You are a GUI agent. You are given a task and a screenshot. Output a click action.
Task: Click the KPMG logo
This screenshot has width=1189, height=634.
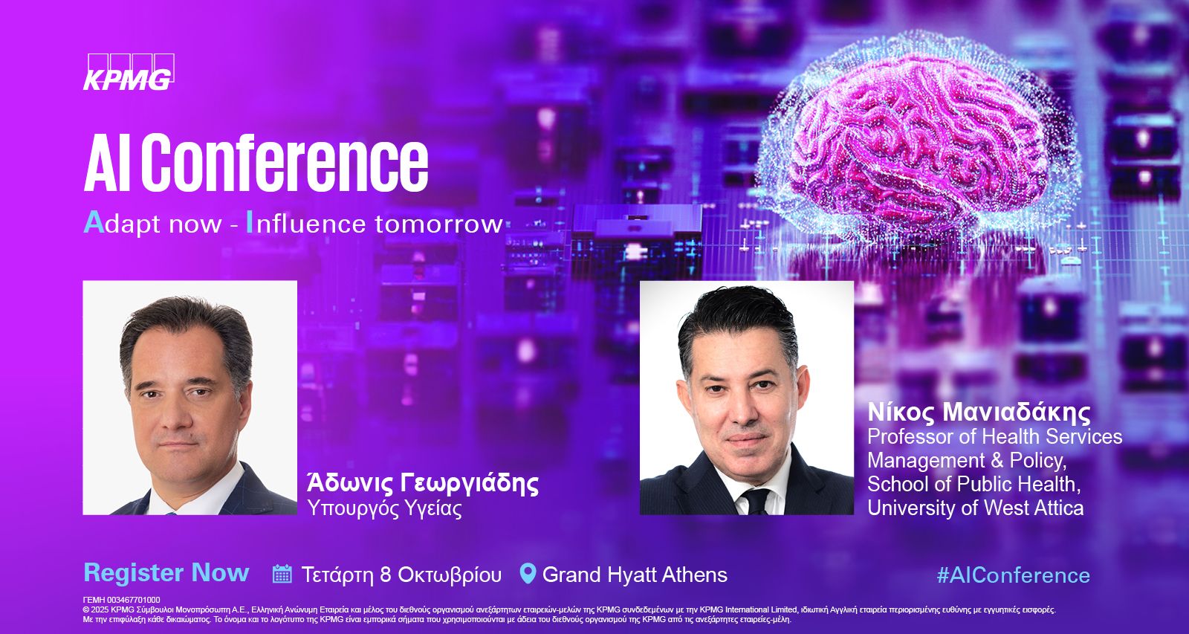129,72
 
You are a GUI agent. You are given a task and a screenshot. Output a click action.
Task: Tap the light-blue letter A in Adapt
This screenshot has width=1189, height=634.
94,222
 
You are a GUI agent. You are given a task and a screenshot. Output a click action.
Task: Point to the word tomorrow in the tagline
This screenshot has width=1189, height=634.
438,224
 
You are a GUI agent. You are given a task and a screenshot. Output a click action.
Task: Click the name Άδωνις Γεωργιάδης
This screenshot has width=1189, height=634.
423,483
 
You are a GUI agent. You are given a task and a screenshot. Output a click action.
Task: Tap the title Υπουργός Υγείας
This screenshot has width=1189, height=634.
385,508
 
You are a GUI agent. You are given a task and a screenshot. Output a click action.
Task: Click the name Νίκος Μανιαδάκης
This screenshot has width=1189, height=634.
979,413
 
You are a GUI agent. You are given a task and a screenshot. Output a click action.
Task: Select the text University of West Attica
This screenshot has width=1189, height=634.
976,508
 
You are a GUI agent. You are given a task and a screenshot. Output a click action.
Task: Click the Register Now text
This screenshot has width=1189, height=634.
166,573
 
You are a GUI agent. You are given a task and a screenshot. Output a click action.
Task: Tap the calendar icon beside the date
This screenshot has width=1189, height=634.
282,574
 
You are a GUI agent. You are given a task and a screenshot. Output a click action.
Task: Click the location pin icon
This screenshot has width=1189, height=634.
528,574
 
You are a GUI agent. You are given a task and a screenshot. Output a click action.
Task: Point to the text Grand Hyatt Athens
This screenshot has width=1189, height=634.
635,575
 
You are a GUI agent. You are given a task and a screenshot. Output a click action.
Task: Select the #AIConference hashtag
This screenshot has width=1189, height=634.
1014,575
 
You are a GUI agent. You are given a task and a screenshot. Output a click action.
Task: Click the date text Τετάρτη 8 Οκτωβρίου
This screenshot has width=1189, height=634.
401,575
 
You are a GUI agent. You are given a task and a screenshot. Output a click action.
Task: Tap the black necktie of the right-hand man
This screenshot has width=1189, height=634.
756,501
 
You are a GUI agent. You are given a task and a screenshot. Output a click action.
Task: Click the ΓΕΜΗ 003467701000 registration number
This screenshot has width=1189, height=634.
122,600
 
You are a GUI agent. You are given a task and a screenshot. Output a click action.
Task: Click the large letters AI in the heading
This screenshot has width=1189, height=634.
108,164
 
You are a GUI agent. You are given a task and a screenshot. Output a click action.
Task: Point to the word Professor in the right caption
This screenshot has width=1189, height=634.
908,436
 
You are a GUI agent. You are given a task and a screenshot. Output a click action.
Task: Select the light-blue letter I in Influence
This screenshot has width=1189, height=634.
250,224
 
